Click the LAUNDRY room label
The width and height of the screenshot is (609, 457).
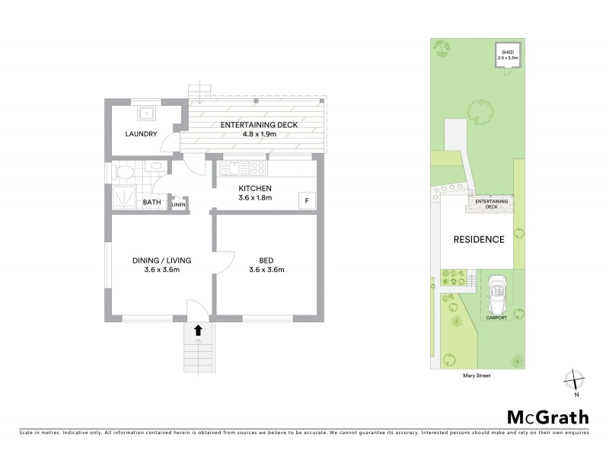coord(142,135)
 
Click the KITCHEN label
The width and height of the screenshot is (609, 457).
coord(255,188)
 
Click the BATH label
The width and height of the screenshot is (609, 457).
coord(152,203)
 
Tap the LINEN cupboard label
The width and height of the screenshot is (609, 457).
coord(178,204)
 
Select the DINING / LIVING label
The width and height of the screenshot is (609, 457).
coord(161,260)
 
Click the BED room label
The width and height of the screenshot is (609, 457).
coord(266,260)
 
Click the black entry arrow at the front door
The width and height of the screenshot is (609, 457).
coord(198,331)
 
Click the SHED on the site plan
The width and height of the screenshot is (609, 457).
coord(507,56)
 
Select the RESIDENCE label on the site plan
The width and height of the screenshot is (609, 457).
coord(480,239)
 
